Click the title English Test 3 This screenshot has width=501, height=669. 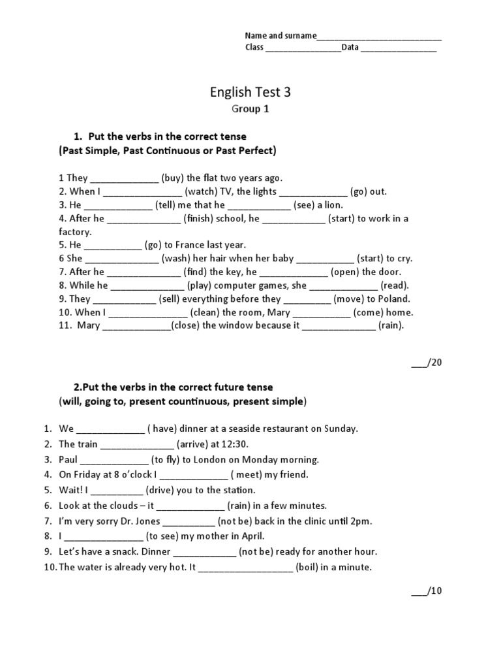[250, 92]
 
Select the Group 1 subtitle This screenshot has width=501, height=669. [250, 109]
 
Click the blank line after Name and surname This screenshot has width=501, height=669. [379, 37]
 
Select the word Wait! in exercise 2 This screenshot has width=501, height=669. [71, 490]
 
